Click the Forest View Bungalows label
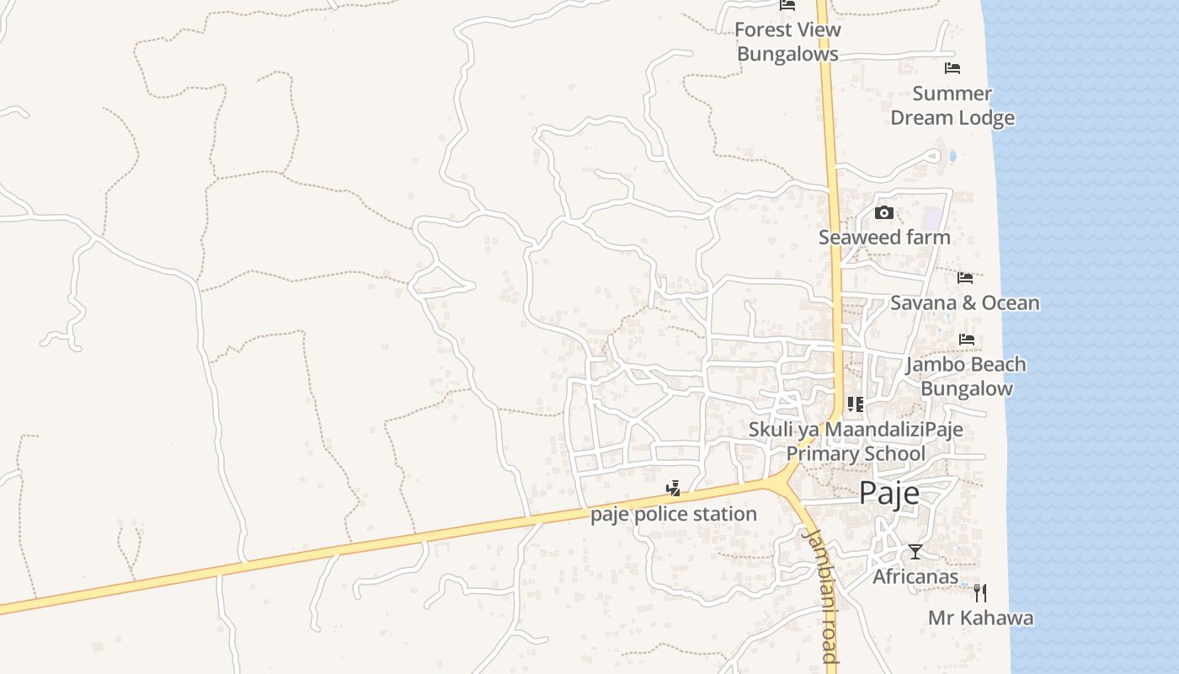[787, 41]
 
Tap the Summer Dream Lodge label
[952, 105]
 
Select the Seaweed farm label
[884, 238]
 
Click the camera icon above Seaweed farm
[883, 212]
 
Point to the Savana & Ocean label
[965, 303]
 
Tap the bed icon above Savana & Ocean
[965, 277]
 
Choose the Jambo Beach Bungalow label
[966, 377]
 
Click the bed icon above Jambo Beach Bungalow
[966, 340]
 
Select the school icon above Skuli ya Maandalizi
[856, 404]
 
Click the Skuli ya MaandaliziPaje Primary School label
[856, 441]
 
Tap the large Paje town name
[889, 494]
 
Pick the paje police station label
[674, 514]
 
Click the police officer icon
[673, 488]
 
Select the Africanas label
[915, 577]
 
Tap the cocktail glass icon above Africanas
[915, 552]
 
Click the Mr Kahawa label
[980, 618]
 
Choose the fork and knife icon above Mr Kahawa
[979, 592]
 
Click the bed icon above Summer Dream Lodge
[952, 67]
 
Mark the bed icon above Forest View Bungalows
[787, 5]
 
